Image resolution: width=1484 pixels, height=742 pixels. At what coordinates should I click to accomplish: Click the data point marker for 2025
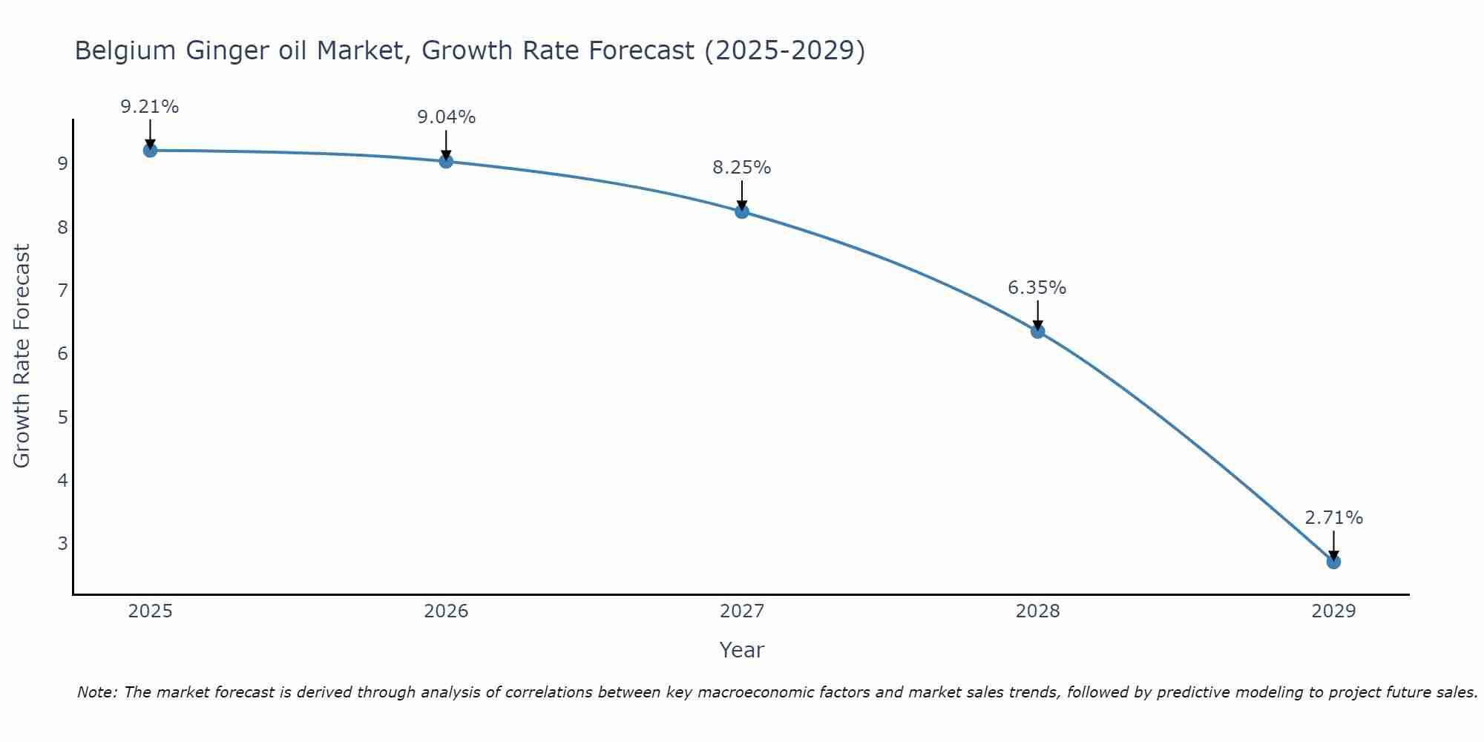150,151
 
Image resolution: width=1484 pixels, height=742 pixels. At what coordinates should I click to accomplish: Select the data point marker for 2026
446,161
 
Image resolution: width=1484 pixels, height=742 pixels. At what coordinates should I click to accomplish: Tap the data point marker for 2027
742,211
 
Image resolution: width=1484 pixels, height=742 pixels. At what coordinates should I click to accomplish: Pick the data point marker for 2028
1037,331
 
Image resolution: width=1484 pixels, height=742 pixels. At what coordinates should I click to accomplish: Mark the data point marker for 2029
1333,562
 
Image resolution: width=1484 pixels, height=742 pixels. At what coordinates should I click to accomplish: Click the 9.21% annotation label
150,107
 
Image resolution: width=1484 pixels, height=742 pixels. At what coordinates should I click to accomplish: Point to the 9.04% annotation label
446,117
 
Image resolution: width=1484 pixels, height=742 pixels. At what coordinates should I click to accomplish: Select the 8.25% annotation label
742,168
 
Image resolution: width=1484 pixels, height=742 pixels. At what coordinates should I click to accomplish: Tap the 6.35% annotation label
1037,288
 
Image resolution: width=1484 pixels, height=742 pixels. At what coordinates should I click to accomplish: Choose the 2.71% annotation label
1333,518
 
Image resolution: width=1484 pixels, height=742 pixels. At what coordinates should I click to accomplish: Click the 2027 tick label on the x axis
742,611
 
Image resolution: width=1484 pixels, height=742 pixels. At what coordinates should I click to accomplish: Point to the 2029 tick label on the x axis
1333,611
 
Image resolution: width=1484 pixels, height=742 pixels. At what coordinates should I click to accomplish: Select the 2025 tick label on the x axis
150,611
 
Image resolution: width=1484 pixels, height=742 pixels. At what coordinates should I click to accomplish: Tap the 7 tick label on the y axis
62,290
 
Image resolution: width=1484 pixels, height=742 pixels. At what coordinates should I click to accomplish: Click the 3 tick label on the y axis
62,543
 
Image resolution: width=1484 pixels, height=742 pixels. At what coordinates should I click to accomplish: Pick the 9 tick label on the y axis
62,163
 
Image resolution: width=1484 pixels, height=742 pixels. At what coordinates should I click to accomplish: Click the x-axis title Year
742,650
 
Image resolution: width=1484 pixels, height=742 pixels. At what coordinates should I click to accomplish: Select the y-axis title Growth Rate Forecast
22,356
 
